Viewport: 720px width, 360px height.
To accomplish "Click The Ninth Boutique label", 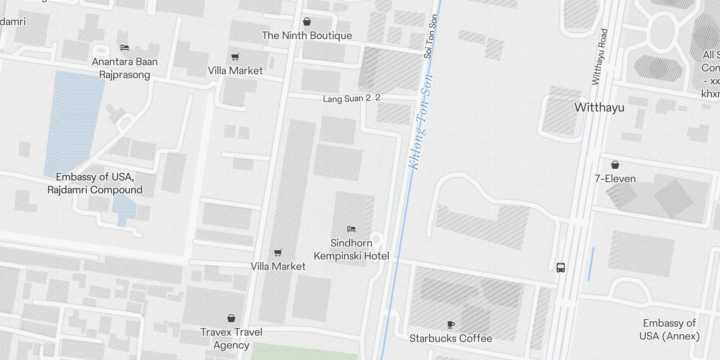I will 307,36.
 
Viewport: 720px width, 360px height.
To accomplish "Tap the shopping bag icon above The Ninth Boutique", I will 307,22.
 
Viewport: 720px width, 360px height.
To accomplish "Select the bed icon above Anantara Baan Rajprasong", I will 125,48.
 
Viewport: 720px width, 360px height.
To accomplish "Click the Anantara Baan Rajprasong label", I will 125,68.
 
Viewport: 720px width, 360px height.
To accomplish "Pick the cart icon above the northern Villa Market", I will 235,57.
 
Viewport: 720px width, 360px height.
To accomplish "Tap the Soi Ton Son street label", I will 431,36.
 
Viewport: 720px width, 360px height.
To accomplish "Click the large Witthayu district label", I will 599,108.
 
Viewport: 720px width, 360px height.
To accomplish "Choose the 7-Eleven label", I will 615,179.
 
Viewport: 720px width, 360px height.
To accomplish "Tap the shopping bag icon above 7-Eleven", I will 615,165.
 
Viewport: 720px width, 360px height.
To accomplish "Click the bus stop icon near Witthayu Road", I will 561,268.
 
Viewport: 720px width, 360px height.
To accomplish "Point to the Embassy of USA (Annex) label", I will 670,329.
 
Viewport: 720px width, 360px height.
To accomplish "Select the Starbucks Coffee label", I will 450,338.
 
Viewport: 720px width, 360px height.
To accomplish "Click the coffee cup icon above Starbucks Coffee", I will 451,324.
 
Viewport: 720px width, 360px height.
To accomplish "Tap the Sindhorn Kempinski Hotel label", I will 351,249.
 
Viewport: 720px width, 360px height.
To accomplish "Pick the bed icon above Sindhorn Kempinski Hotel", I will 351,229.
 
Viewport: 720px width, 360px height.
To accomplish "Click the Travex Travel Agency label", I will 231,338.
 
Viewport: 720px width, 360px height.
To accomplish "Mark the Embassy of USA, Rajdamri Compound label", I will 95,183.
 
